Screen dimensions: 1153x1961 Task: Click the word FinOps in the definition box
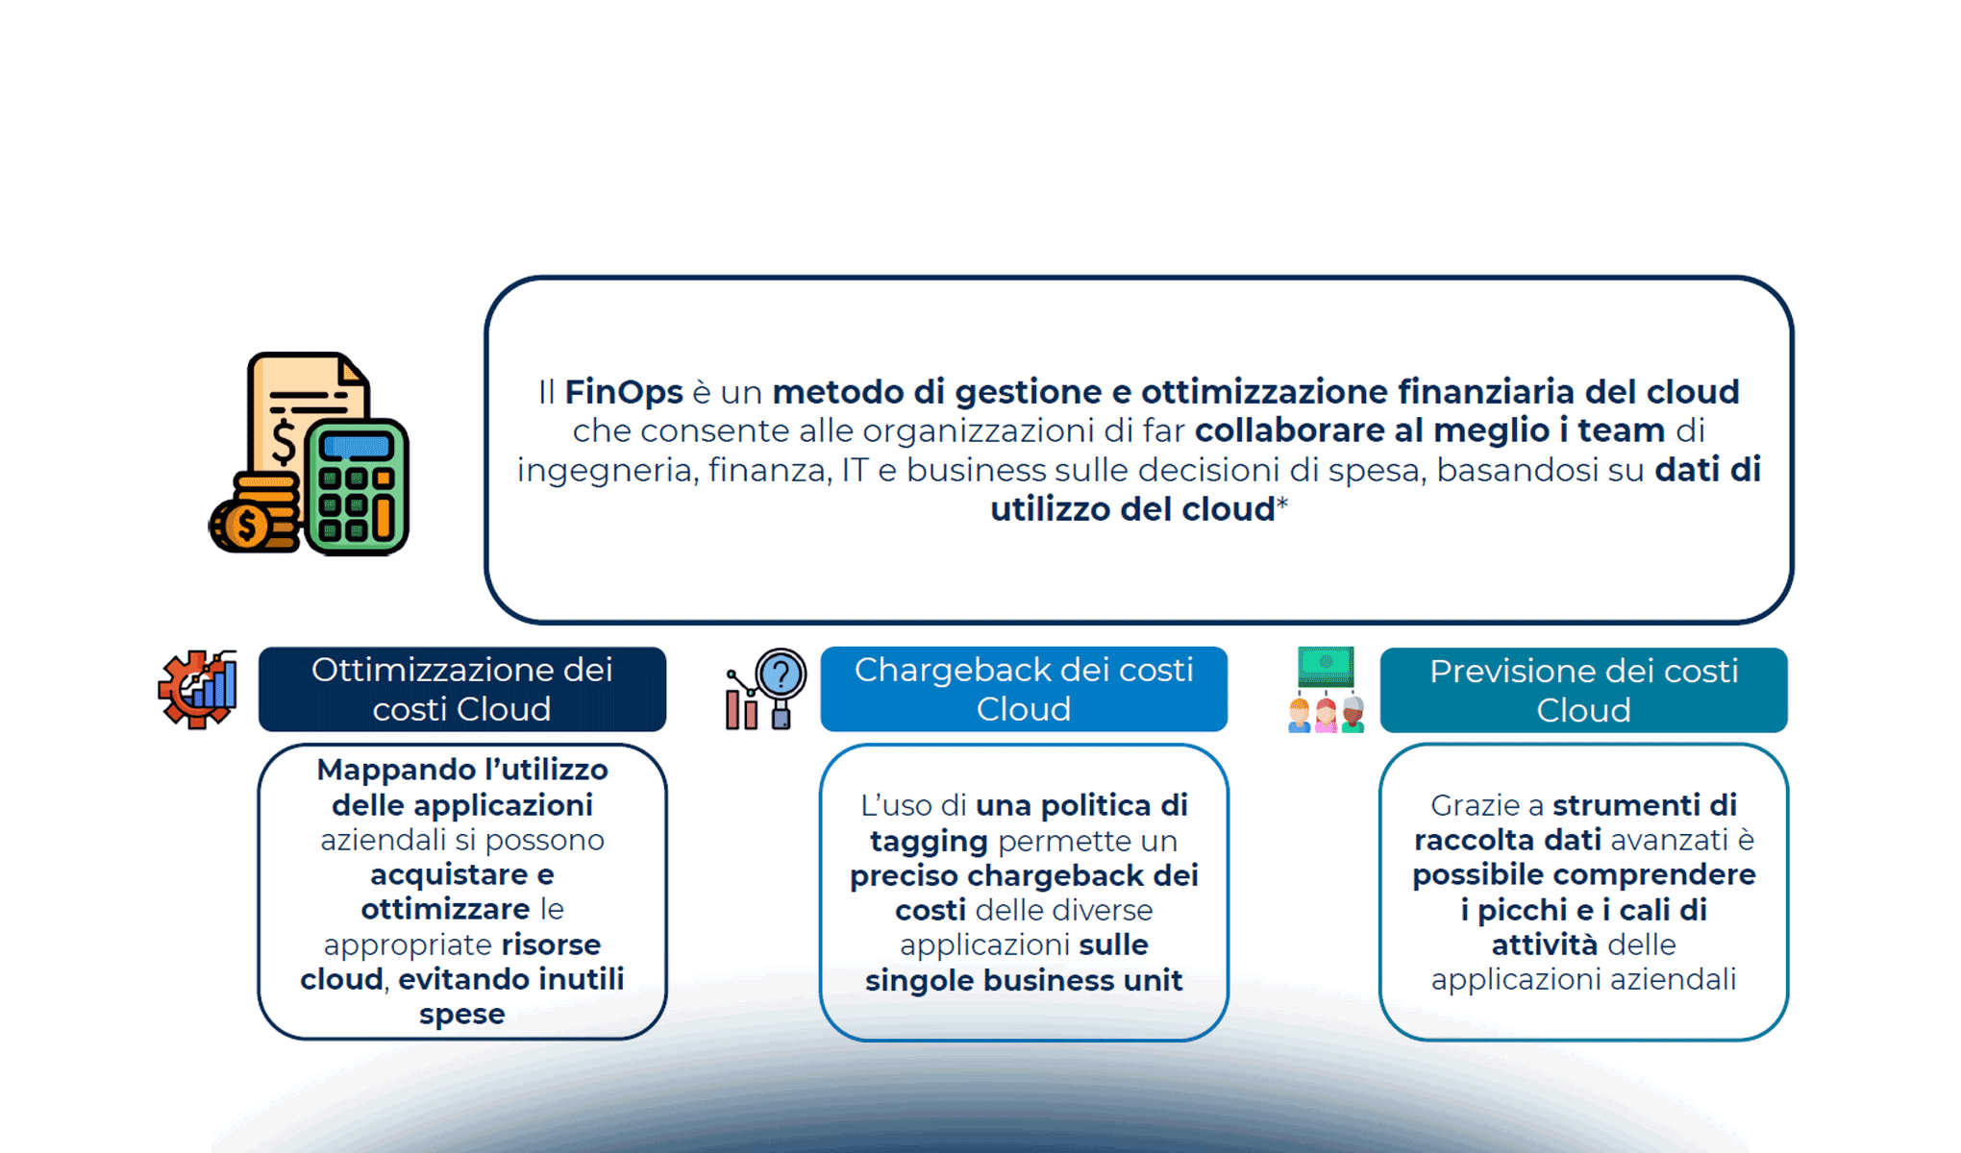623,392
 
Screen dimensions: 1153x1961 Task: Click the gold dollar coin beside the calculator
247,525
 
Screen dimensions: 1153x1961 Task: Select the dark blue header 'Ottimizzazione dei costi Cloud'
461,689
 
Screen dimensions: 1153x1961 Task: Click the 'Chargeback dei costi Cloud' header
1023,689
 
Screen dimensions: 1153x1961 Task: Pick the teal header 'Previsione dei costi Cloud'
1583,690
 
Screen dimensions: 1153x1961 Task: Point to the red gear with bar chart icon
198,689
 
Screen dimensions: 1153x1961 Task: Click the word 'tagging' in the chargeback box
928,841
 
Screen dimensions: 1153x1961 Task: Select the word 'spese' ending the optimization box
461,1014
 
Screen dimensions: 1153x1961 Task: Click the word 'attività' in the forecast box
1544,944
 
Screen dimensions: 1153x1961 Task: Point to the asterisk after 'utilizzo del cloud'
1282,503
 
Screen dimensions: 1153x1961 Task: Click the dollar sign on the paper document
284,440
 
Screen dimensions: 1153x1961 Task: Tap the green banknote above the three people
1326,665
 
